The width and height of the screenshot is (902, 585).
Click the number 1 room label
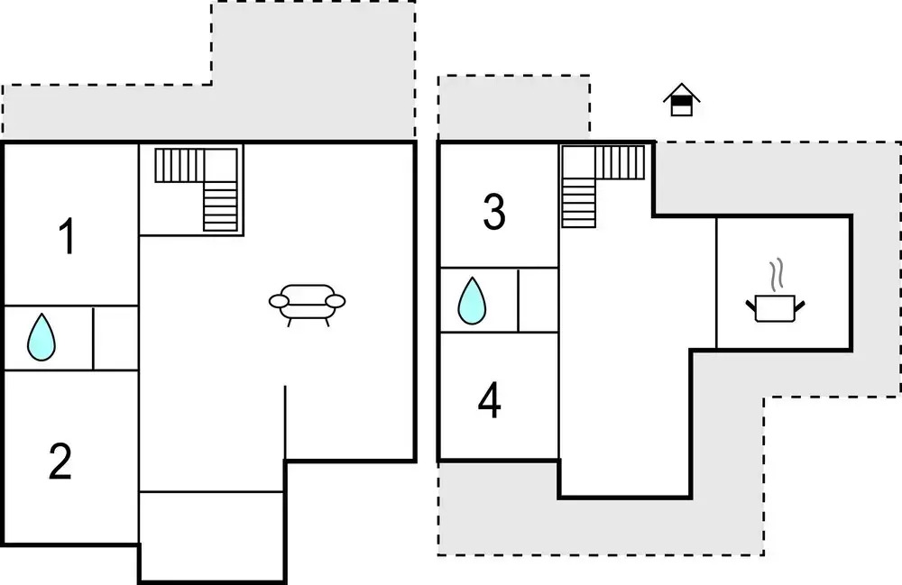(68, 235)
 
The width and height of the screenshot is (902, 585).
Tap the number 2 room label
(60, 461)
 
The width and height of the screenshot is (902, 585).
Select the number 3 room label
(494, 212)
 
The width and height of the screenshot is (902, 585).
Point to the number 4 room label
(490, 400)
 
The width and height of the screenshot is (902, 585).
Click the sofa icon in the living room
(308, 305)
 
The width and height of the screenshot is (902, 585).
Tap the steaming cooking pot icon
(776, 291)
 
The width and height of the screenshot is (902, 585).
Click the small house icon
(682, 99)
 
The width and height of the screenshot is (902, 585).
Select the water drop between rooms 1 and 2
(41, 337)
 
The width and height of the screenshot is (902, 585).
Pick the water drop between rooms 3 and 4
(472, 300)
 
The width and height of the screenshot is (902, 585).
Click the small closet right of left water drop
(115, 338)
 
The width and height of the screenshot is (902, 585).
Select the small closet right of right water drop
(538, 300)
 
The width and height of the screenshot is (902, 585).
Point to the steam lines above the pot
(777, 273)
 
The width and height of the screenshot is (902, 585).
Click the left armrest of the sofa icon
(279, 301)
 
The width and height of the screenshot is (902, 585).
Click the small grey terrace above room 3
(514, 107)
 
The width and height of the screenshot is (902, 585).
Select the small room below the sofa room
(212, 535)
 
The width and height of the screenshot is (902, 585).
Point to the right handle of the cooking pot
(799, 306)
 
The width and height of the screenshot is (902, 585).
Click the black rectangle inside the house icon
(682, 101)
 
